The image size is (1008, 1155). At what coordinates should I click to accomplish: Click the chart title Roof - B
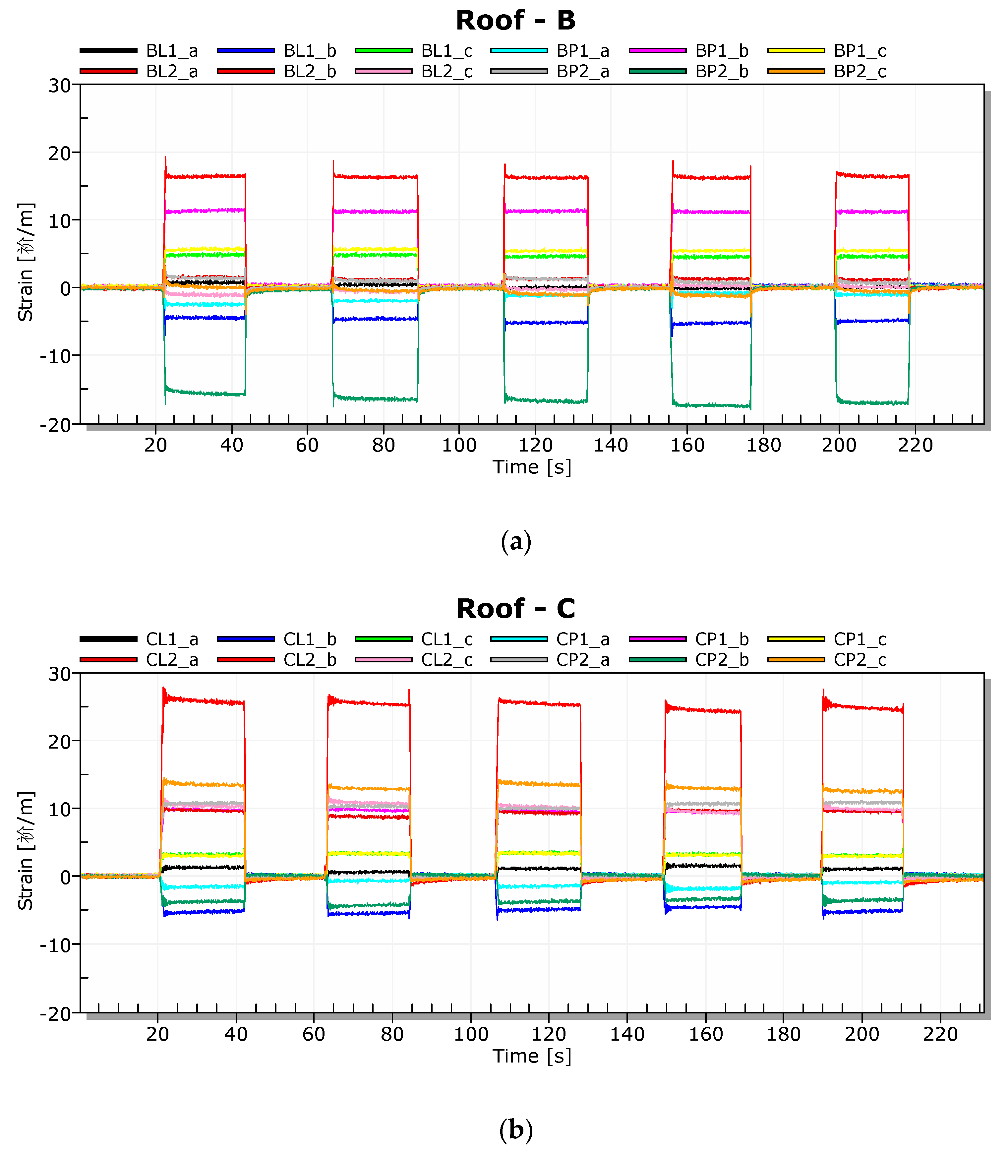pos(515,21)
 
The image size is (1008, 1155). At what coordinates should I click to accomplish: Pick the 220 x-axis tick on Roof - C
pos(940,1034)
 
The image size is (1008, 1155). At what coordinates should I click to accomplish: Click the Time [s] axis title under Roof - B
pos(532,467)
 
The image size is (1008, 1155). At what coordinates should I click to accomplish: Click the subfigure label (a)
pos(515,542)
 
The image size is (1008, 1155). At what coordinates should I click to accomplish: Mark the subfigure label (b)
pos(515,1130)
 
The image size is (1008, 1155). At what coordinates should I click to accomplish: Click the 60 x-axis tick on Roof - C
pos(314,1034)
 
